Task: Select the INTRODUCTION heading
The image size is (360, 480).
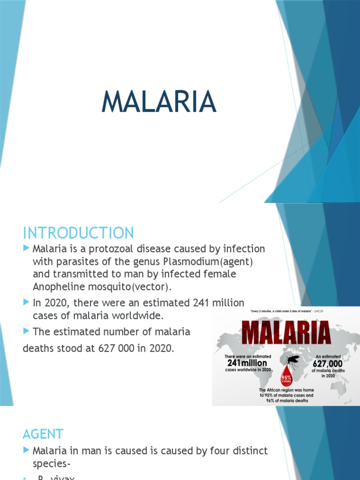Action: click(78, 233)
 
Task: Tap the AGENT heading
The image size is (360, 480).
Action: click(43, 434)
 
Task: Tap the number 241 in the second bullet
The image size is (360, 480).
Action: click(202, 302)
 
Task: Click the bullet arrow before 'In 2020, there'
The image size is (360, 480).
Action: click(26, 302)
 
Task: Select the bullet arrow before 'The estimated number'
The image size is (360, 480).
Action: click(26, 331)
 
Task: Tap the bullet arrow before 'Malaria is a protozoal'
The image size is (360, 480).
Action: click(26, 248)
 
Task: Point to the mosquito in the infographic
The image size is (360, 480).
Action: click(293, 360)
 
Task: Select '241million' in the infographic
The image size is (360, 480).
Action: click(247, 363)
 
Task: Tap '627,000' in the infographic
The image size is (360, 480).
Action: click(328, 363)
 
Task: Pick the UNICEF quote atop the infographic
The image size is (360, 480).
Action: click(285, 311)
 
